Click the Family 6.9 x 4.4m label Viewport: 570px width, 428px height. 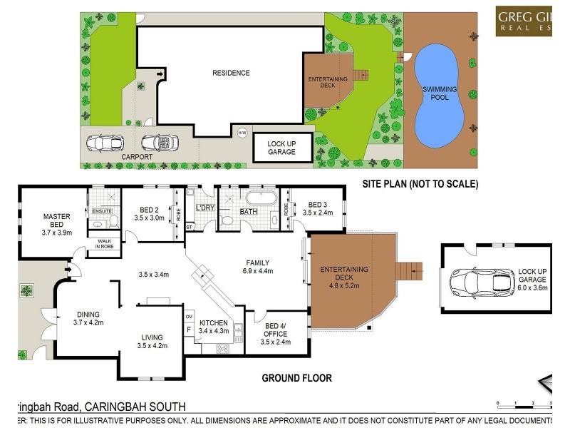coord(257,266)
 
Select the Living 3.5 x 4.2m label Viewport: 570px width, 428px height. coord(152,342)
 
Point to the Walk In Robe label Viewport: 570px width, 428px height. coord(105,244)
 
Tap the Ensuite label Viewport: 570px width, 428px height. coord(102,210)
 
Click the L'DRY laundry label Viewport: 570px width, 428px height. coord(205,208)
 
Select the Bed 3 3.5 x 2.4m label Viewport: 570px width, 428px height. coord(318,208)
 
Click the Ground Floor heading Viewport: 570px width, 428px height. coord(296,378)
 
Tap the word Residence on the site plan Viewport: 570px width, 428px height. coord(231,73)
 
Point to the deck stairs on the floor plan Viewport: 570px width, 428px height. coord(408,271)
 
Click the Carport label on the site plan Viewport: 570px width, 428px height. coord(117,156)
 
